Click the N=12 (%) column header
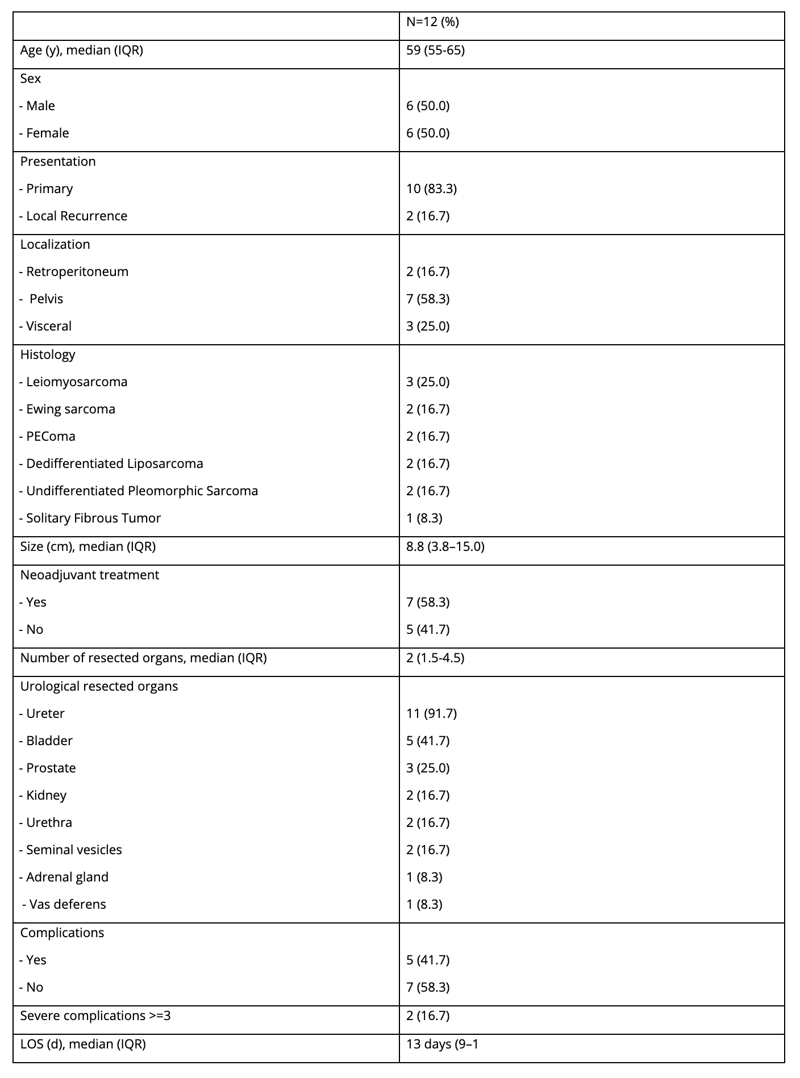click(432, 22)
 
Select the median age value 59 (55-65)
click(435, 51)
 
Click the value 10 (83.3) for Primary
click(431, 189)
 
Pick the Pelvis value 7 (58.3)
click(428, 299)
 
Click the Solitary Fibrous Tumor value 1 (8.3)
click(424, 519)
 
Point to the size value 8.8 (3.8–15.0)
click(445, 547)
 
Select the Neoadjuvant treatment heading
click(89, 575)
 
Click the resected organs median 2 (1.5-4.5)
click(435, 658)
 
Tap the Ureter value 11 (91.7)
click(431, 714)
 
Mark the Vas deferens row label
click(64, 905)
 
